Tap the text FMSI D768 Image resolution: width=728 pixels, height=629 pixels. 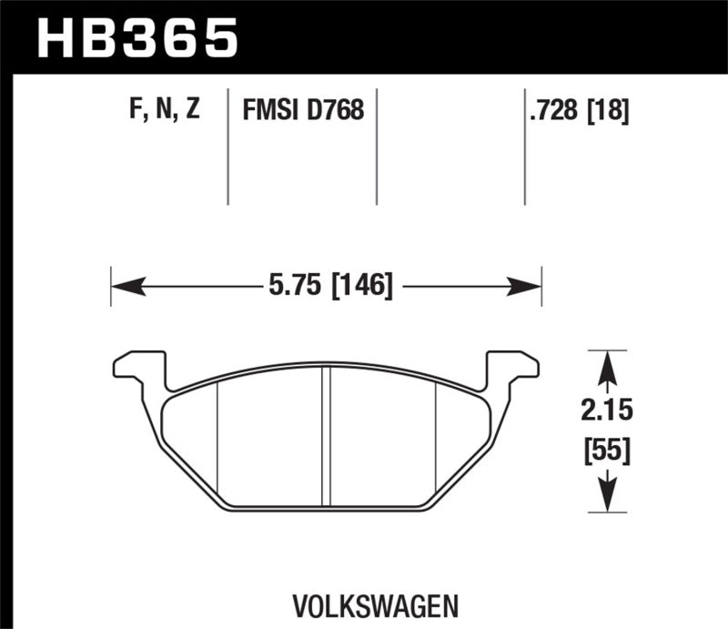click(303, 111)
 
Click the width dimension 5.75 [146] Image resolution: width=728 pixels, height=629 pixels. click(330, 289)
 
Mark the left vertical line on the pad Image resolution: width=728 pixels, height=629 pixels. click(217, 437)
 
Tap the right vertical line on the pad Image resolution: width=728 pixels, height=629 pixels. click(438, 437)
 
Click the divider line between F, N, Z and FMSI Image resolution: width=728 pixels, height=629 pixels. click(227, 146)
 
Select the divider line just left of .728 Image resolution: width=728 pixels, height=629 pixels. click(525, 146)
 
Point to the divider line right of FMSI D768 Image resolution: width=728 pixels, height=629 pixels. click(377, 146)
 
